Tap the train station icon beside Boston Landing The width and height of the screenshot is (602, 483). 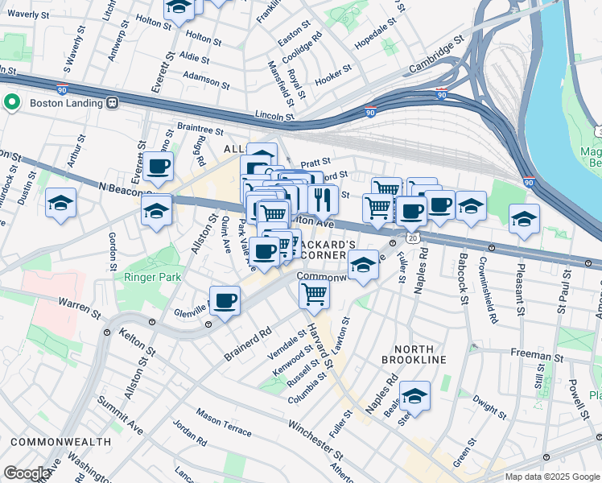pyautogui.click(x=112, y=102)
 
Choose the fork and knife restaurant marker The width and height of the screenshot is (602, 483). pyautogui.click(x=322, y=198)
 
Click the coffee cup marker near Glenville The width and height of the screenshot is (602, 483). pyautogui.click(x=225, y=301)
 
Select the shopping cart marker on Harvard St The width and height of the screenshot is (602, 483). pyautogui.click(x=314, y=293)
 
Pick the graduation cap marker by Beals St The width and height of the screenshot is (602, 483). pyautogui.click(x=414, y=395)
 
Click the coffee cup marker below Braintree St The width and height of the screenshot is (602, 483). pyautogui.click(x=159, y=167)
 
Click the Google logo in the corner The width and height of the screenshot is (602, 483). pyautogui.click(x=26, y=473)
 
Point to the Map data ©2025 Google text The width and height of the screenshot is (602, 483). pyautogui.click(x=551, y=477)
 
